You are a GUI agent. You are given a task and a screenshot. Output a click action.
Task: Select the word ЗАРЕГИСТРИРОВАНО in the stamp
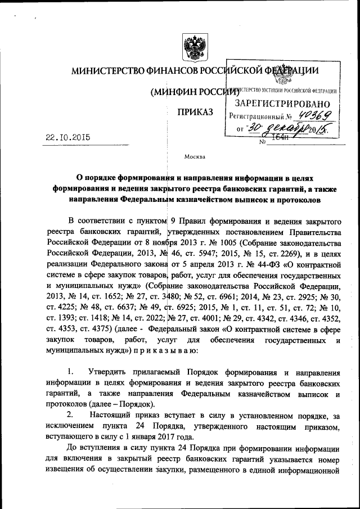click(282, 103)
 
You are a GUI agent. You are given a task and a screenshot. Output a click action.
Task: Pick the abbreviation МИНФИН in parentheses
click(174, 92)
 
